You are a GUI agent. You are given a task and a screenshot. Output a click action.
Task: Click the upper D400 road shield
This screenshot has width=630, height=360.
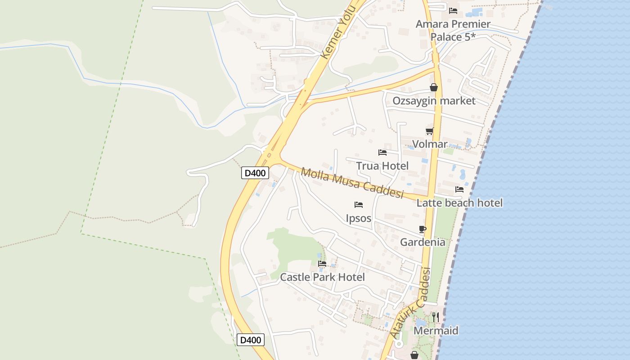(255, 173)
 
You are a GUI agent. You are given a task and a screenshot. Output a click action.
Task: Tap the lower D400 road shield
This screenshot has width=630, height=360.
(251, 340)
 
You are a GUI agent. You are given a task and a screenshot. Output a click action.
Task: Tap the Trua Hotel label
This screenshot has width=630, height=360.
(382, 166)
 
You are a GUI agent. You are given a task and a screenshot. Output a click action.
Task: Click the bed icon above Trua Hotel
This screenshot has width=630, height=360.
(382, 153)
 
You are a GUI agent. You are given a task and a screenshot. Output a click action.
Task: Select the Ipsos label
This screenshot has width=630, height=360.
(359, 218)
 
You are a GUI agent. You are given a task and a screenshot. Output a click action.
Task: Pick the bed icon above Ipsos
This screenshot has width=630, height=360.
(359, 205)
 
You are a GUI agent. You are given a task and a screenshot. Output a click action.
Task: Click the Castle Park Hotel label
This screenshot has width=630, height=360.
(322, 277)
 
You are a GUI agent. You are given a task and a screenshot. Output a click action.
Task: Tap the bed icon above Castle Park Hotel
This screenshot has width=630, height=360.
(322, 264)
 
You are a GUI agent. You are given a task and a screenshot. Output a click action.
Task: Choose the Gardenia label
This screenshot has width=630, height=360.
(423, 242)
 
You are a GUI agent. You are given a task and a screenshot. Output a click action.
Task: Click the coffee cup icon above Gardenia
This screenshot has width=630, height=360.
(423, 229)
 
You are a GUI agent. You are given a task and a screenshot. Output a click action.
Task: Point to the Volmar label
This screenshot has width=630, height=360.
(430, 144)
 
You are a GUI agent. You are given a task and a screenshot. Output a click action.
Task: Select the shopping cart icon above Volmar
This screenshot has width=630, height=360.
(430, 131)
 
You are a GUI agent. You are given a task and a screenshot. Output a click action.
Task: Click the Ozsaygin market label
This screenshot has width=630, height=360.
(434, 100)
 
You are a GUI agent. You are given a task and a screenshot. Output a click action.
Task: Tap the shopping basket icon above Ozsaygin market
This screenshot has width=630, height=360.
(434, 87)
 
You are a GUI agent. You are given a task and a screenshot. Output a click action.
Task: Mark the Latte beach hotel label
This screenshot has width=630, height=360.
(459, 203)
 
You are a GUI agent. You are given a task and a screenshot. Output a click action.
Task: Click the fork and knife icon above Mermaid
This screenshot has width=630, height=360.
(436, 317)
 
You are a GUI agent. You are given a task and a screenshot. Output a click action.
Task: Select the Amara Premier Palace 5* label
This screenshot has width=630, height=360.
(453, 30)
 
